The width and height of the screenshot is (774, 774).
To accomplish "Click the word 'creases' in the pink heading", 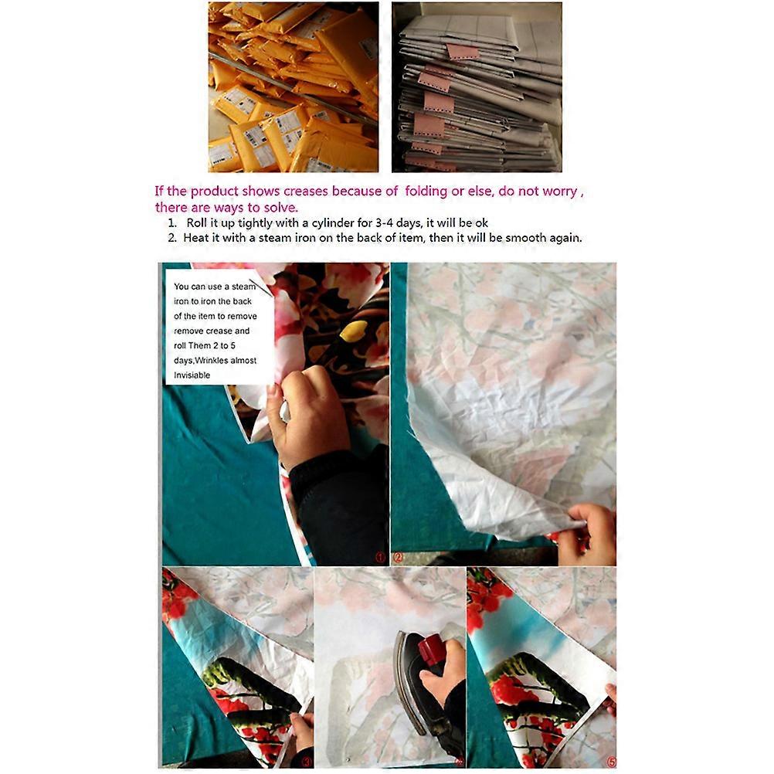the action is [x=306, y=191].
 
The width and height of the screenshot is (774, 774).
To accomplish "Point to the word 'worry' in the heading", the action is [x=559, y=192].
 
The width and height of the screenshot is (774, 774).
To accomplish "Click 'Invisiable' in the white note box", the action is [x=192, y=375].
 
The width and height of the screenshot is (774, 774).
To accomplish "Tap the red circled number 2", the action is [x=398, y=557].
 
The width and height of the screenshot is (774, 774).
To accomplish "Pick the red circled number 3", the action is [x=307, y=762].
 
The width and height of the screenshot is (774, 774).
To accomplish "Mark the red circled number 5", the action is [x=610, y=762].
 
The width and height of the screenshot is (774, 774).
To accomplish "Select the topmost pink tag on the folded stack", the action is [x=463, y=51].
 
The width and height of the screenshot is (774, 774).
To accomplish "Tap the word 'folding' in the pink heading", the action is [x=426, y=192].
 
